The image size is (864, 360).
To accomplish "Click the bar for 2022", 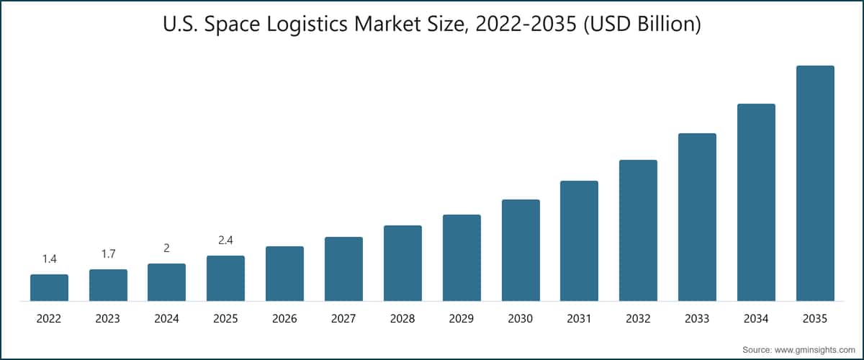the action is point(50,287).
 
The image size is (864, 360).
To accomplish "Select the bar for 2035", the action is point(815,184).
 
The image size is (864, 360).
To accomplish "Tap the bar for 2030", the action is point(521,250).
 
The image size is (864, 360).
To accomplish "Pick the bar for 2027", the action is point(343,269).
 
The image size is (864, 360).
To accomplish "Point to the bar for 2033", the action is point(697,217).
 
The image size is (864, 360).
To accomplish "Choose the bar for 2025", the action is point(225,278).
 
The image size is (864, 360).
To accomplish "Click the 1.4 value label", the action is point(50,259).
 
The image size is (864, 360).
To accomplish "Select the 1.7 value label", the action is point(109,254).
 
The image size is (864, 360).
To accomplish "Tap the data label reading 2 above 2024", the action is point(166,248).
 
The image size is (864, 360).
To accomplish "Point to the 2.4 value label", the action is point(225,240).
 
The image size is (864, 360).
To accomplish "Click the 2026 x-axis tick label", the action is point(284,319).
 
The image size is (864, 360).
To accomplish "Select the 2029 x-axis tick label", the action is point(462,319).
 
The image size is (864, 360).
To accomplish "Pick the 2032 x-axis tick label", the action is point(638,319).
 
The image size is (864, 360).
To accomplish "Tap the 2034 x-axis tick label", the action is point(756,319).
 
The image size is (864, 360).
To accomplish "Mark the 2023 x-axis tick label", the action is point(107,319).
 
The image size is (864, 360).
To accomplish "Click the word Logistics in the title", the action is point(307,24).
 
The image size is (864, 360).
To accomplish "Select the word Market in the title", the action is point(397,24).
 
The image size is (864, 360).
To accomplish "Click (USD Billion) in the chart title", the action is point(642,24).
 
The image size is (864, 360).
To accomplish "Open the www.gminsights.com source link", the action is point(814,350).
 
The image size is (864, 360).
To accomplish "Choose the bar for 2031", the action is point(580,240).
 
